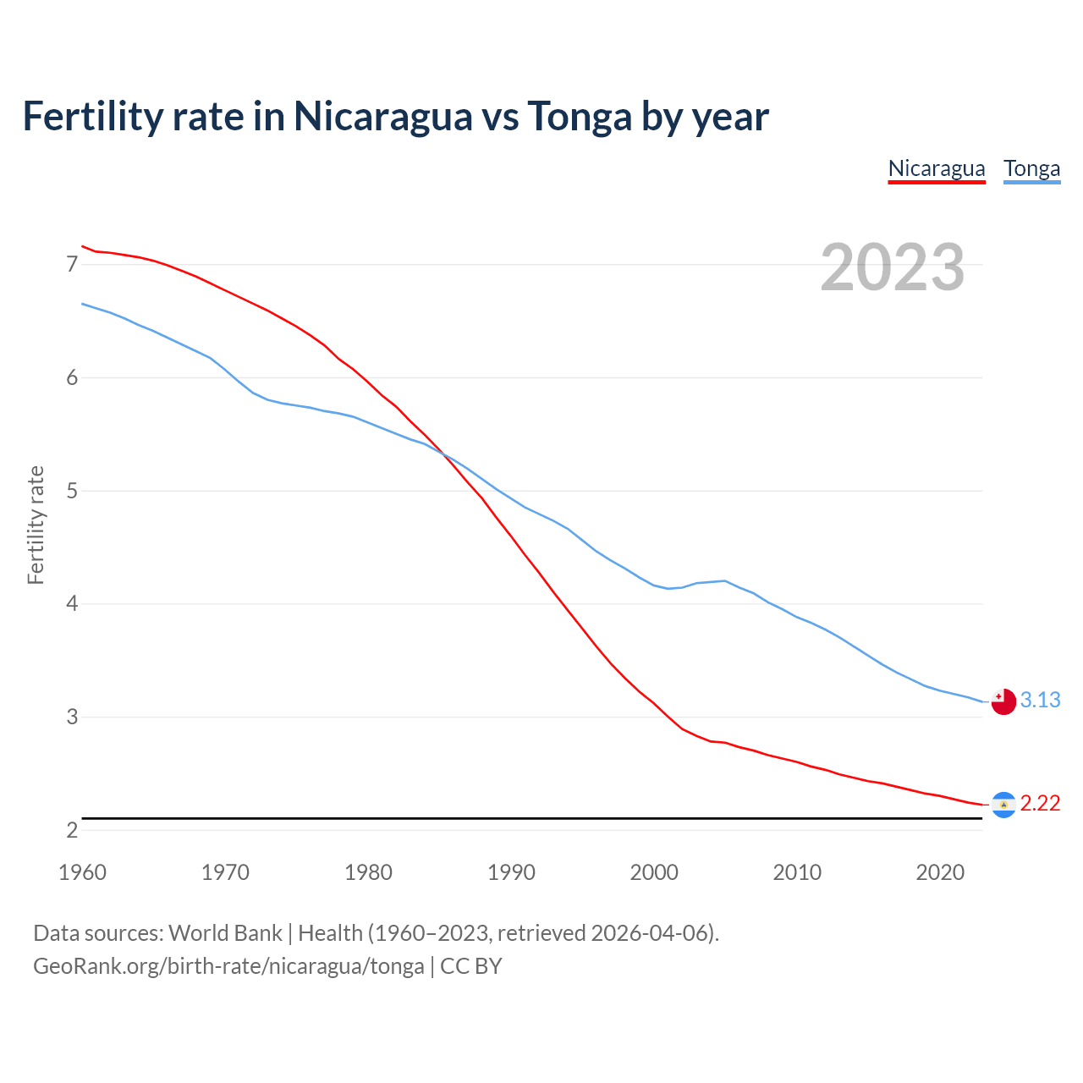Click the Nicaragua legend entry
(x=936, y=168)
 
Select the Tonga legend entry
(x=1031, y=168)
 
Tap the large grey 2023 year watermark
(x=892, y=267)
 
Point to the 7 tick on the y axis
(x=72, y=265)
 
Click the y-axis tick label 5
(x=72, y=491)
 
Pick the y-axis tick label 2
(x=72, y=830)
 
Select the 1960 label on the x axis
(x=82, y=872)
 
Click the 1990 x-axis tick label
(x=511, y=872)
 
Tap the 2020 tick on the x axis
(x=940, y=872)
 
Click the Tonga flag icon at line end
(x=1003, y=701)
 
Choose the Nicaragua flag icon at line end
(x=1003, y=805)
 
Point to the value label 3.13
(x=1040, y=701)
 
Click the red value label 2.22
(x=1040, y=804)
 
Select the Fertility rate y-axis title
(x=36, y=525)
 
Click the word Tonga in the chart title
(x=579, y=116)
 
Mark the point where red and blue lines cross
(x=444, y=454)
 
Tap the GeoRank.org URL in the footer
(x=228, y=966)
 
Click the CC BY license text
(x=471, y=966)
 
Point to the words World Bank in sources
(x=225, y=933)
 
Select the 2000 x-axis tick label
(x=654, y=872)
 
